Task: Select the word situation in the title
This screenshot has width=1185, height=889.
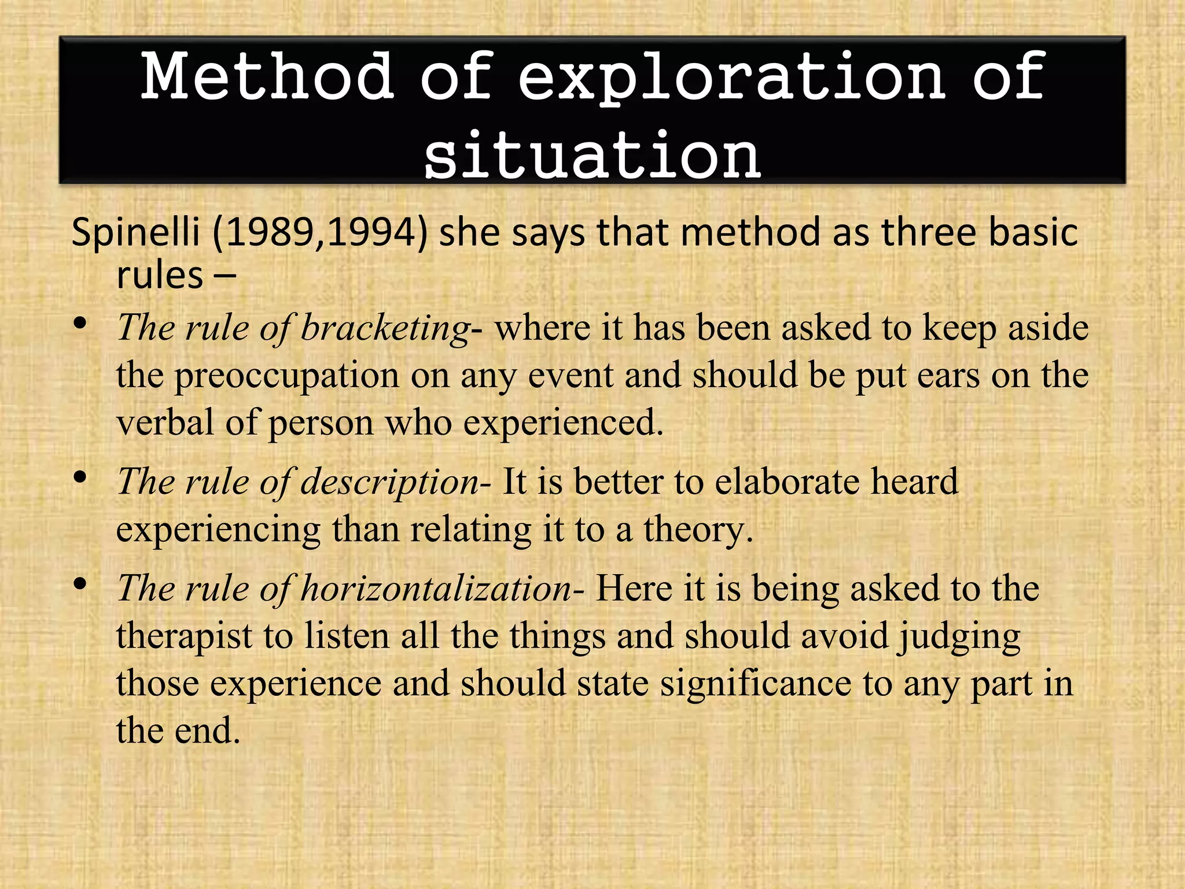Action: tap(592, 155)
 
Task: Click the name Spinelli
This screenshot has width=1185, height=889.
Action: tap(136, 233)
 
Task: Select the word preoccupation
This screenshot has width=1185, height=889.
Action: tap(287, 377)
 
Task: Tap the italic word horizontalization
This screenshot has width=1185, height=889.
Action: tap(436, 589)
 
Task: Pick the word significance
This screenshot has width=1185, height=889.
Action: tap(756, 684)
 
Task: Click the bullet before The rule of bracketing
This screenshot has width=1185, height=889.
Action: tap(80, 324)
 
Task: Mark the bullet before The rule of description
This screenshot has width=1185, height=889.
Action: tap(80, 477)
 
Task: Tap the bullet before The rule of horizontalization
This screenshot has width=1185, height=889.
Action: tap(80, 583)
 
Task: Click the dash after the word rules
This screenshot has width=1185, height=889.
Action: tap(225, 277)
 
